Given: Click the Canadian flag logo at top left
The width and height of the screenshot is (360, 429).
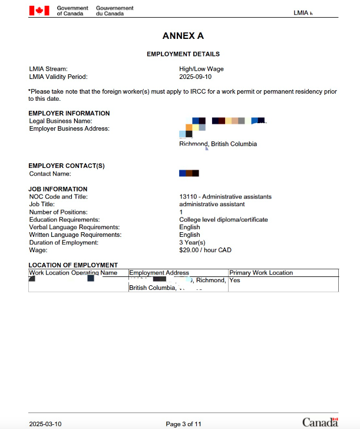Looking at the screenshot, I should pyautogui.click(x=39, y=11).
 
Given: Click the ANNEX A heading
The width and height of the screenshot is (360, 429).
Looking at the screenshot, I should pyautogui.click(x=183, y=36).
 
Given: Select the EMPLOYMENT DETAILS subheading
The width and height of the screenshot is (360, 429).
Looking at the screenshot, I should pyautogui.click(x=183, y=54).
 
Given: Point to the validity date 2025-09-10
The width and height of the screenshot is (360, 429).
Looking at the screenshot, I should pyautogui.click(x=195, y=77).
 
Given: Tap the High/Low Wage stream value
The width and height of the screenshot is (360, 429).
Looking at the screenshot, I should pyautogui.click(x=201, y=69).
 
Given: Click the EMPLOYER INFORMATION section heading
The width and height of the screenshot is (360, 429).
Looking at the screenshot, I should pyautogui.click(x=69, y=113).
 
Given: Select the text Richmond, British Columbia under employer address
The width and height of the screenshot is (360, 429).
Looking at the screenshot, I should pyautogui.click(x=218, y=144).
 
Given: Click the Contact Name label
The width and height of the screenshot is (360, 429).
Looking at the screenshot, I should pyautogui.click(x=50, y=174).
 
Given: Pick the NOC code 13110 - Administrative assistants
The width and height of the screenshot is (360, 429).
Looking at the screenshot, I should pyautogui.click(x=225, y=197).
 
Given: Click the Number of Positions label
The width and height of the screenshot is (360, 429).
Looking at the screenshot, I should pyautogui.click(x=58, y=212).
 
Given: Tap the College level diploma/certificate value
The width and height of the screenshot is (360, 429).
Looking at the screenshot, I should pyautogui.click(x=223, y=220).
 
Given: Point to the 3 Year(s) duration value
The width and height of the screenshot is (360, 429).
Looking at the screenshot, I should pyautogui.click(x=192, y=243).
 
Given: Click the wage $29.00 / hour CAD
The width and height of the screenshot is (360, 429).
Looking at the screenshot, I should pyautogui.click(x=205, y=250).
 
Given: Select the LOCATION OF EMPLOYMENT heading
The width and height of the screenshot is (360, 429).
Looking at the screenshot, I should pyautogui.click(x=73, y=265).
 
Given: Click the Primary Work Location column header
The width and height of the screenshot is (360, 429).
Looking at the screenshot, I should pyautogui.click(x=260, y=273).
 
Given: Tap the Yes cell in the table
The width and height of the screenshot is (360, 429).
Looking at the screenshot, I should pyautogui.click(x=235, y=280).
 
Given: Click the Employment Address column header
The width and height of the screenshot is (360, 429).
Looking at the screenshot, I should pyautogui.click(x=158, y=273).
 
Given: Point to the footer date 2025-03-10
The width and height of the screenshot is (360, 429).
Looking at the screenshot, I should pyautogui.click(x=45, y=424).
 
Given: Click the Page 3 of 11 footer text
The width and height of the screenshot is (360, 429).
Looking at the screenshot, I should pyautogui.click(x=184, y=424).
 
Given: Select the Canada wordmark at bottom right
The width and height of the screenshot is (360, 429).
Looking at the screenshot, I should pyautogui.click(x=320, y=422).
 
